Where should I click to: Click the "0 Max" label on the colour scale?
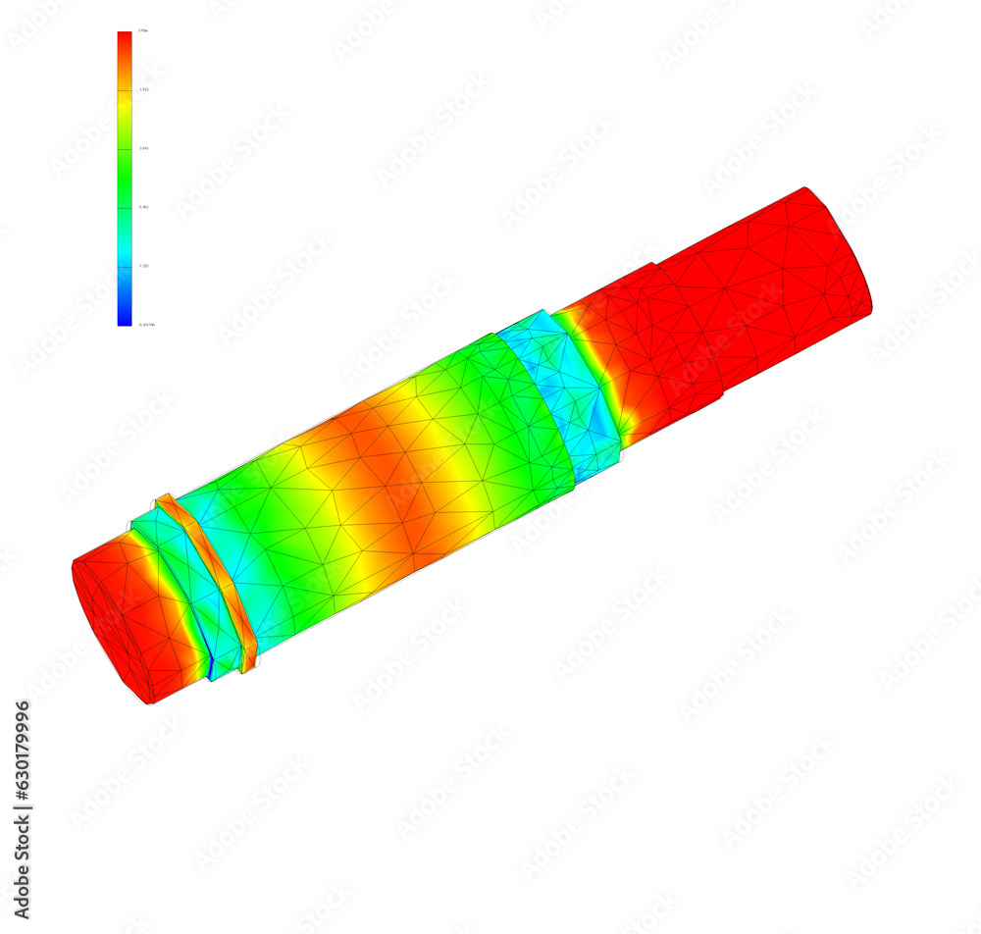[143, 31]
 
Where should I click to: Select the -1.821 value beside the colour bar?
[143, 89]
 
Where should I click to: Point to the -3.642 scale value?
[143, 148]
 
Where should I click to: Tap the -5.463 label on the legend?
[143, 207]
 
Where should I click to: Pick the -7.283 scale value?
[143, 266]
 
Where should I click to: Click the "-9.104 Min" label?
[146, 324]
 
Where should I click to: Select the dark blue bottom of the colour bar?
[125, 317]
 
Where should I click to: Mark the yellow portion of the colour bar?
[125, 113]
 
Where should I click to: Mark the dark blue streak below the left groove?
[210, 667]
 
